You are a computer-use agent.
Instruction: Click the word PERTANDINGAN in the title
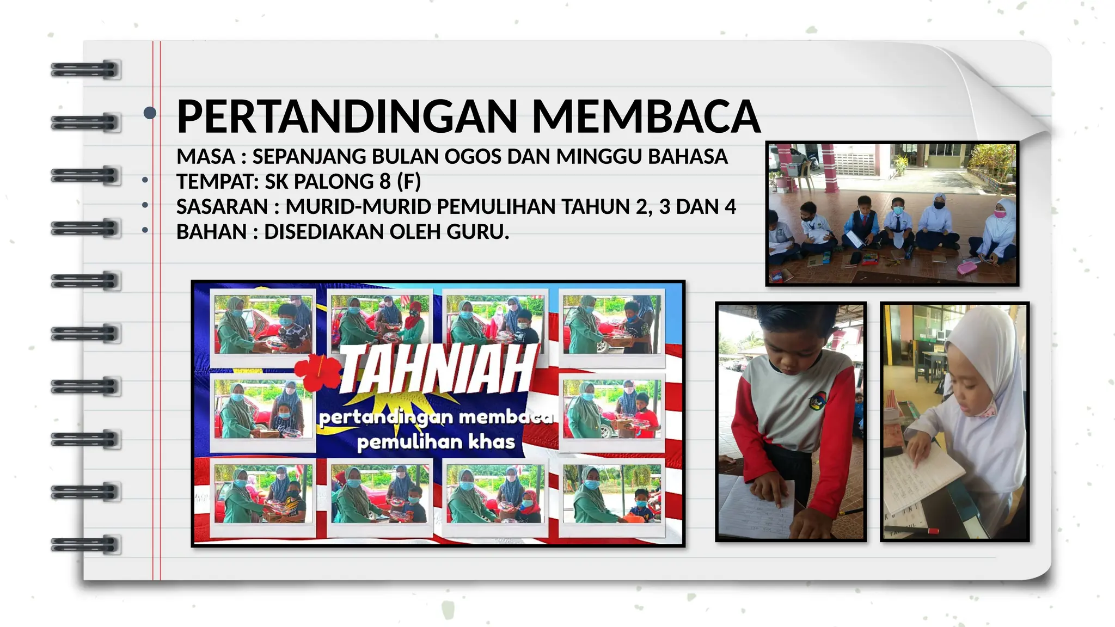[347, 116]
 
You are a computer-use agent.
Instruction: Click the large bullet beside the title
[150, 113]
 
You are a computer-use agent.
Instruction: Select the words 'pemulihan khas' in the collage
[436, 441]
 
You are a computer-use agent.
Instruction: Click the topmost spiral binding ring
[85, 70]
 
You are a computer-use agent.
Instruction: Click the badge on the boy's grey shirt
[817, 402]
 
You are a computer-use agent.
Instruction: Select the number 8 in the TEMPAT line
[385, 182]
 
